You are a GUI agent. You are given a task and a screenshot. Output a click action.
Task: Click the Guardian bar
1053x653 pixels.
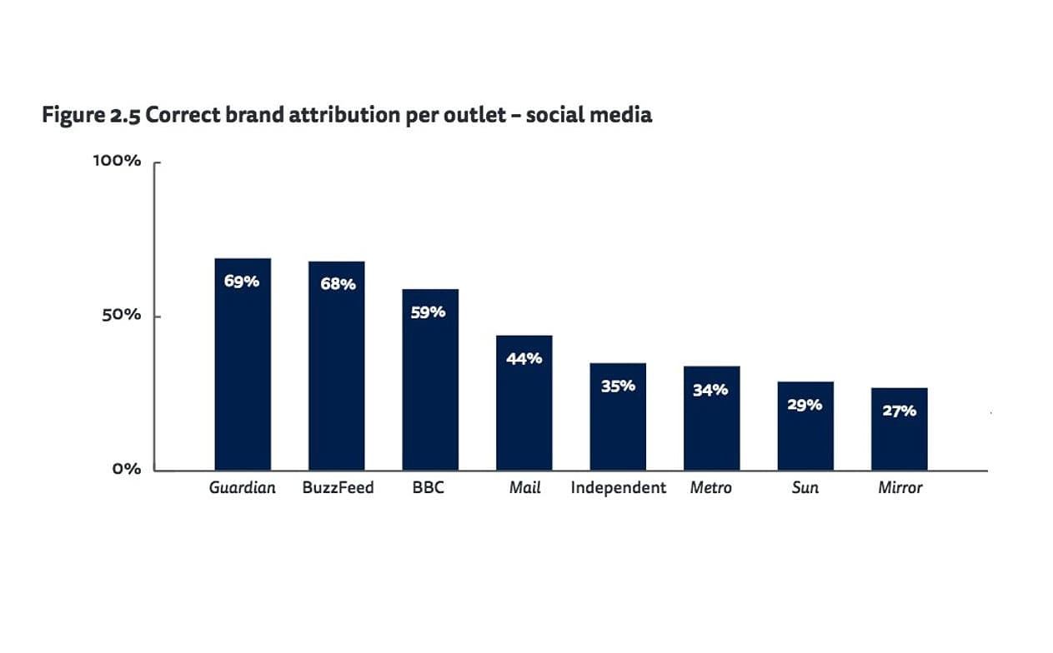243,366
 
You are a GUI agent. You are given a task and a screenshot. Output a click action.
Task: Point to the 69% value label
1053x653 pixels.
242,282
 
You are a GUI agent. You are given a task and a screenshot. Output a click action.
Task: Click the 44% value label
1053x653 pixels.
524,358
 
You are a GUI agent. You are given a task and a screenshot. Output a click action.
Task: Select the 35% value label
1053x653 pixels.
618,386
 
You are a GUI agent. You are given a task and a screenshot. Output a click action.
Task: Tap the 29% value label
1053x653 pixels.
805,405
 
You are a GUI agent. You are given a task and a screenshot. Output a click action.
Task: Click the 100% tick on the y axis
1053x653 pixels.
117,161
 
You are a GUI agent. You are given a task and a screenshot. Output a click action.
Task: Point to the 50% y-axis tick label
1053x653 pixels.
122,316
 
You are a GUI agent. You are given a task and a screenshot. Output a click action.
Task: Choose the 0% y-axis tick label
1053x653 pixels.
127,469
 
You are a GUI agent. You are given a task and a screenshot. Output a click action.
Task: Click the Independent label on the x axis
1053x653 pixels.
618,488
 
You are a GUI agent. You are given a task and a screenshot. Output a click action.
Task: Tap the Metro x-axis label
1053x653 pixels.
710,488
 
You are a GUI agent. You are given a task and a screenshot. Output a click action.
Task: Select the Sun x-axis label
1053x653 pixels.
805,488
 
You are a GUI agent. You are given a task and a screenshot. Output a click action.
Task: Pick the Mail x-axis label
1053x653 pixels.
524,488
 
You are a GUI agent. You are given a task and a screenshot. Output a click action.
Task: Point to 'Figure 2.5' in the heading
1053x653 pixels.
91,116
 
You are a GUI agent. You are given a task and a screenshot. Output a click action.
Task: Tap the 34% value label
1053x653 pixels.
710,389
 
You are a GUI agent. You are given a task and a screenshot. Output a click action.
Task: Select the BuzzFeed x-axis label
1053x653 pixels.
338,488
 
